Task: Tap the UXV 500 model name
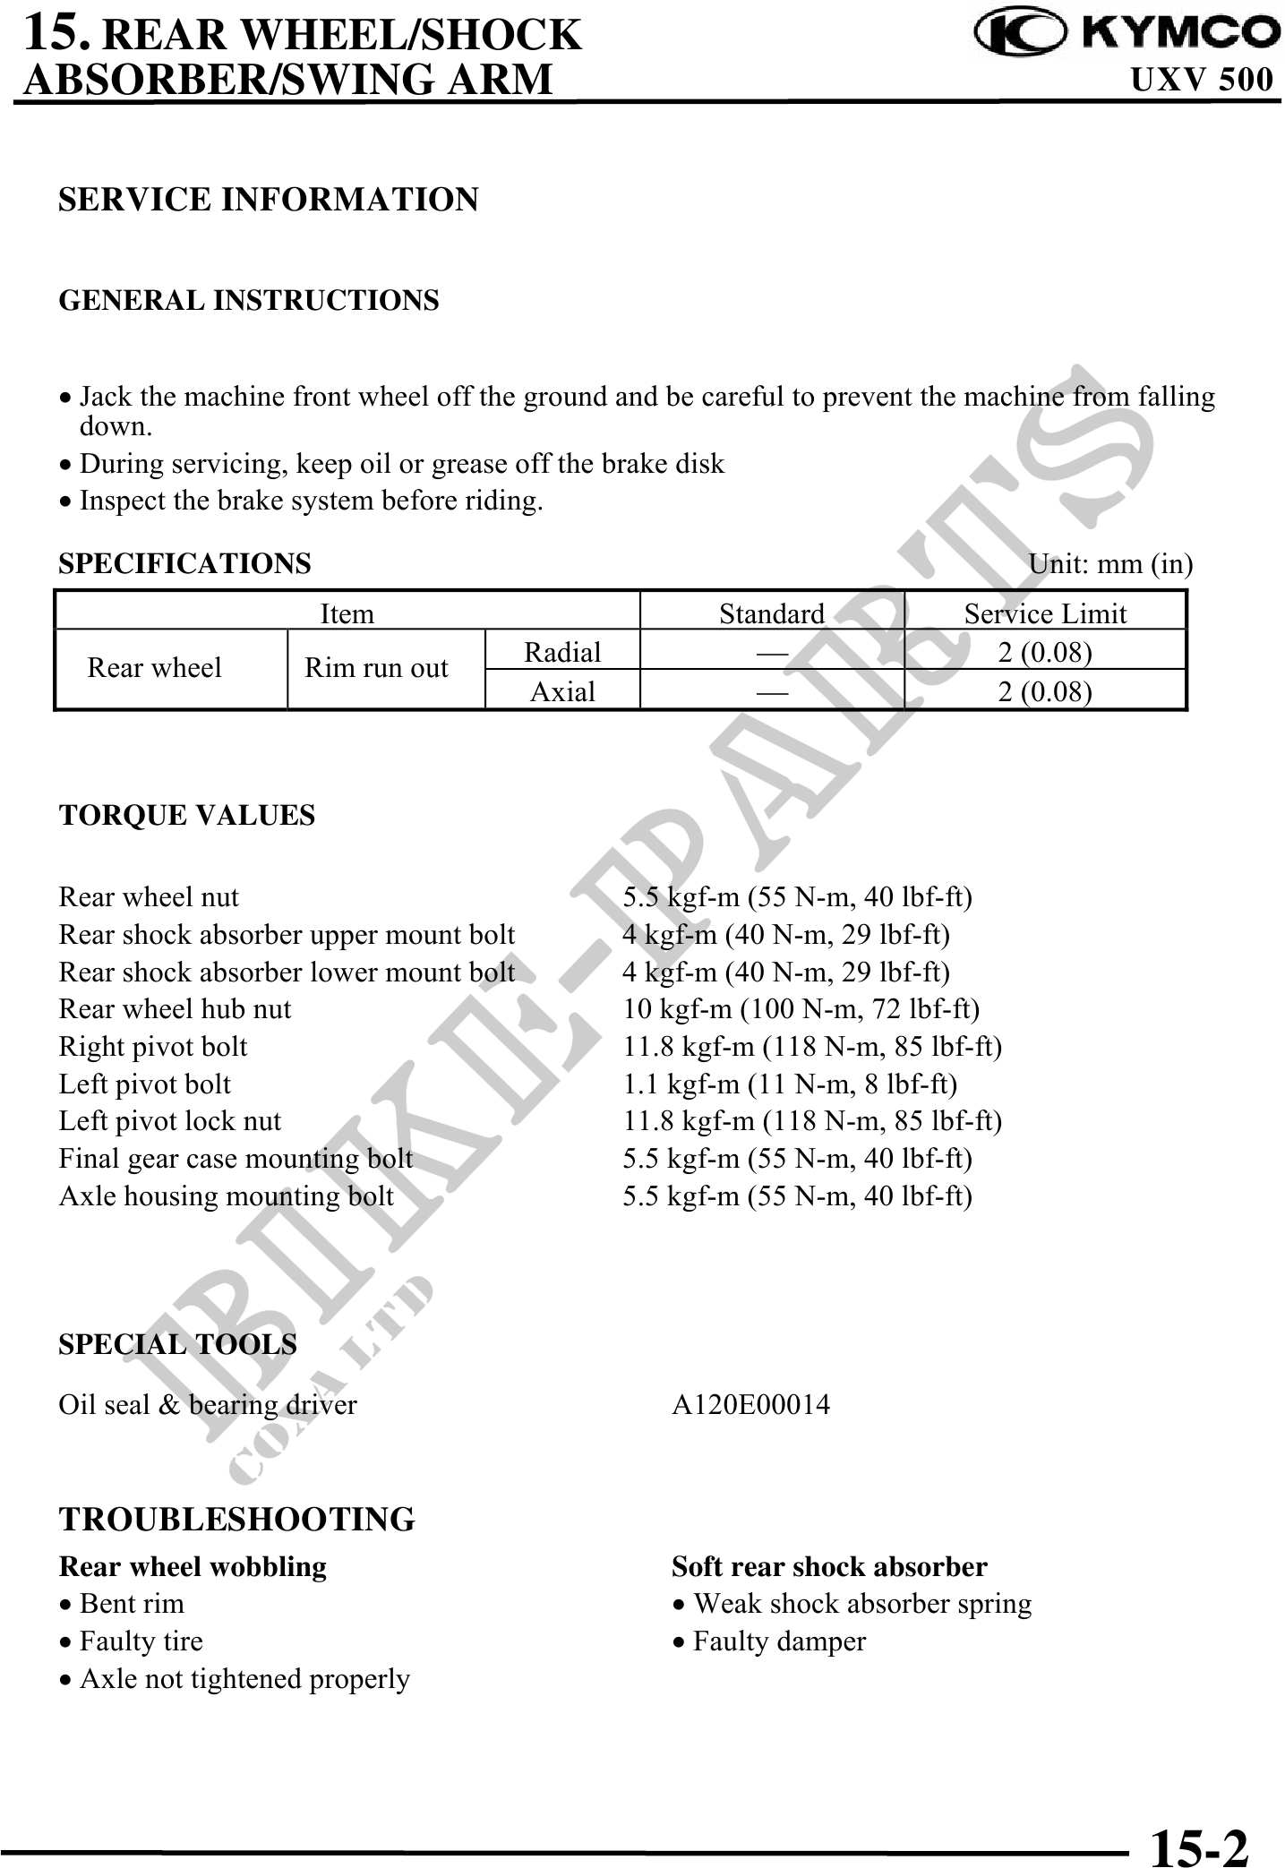click(x=1201, y=80)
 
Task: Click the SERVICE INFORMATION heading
click(x=269, y=199)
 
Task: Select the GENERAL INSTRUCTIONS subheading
click(x=249, y=300)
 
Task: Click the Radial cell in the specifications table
click(x=562, y=652)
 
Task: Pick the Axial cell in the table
click(x=562, y=691)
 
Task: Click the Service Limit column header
click(x=1045, y=613)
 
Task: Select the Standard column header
click(x=772, y=613)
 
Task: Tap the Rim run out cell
click(x=376, y=668)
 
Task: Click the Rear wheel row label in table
click(x=154, y=668)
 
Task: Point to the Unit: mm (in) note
click(x=1110, y=564)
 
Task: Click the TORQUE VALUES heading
click(x=187, y=815)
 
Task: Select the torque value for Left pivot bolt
click(x=790, y=1084)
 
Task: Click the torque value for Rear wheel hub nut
click(x=801, y=1009)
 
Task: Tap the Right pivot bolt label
click(x=153, y=1047)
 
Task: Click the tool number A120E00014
click(x=750, y=1404)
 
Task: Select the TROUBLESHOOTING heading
click(x=237, y=1519)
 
